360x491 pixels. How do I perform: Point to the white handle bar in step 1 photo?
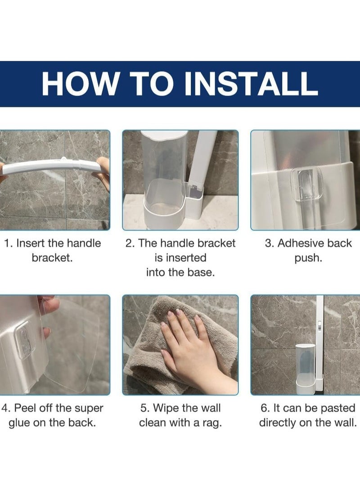click(52, 166)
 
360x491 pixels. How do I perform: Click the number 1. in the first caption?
click(8, 243)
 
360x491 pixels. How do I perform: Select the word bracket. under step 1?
click(52, 258)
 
